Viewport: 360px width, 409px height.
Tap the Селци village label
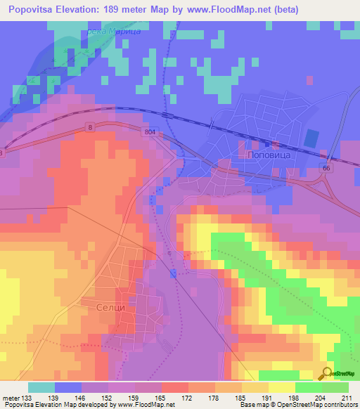(x=111, y=308)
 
